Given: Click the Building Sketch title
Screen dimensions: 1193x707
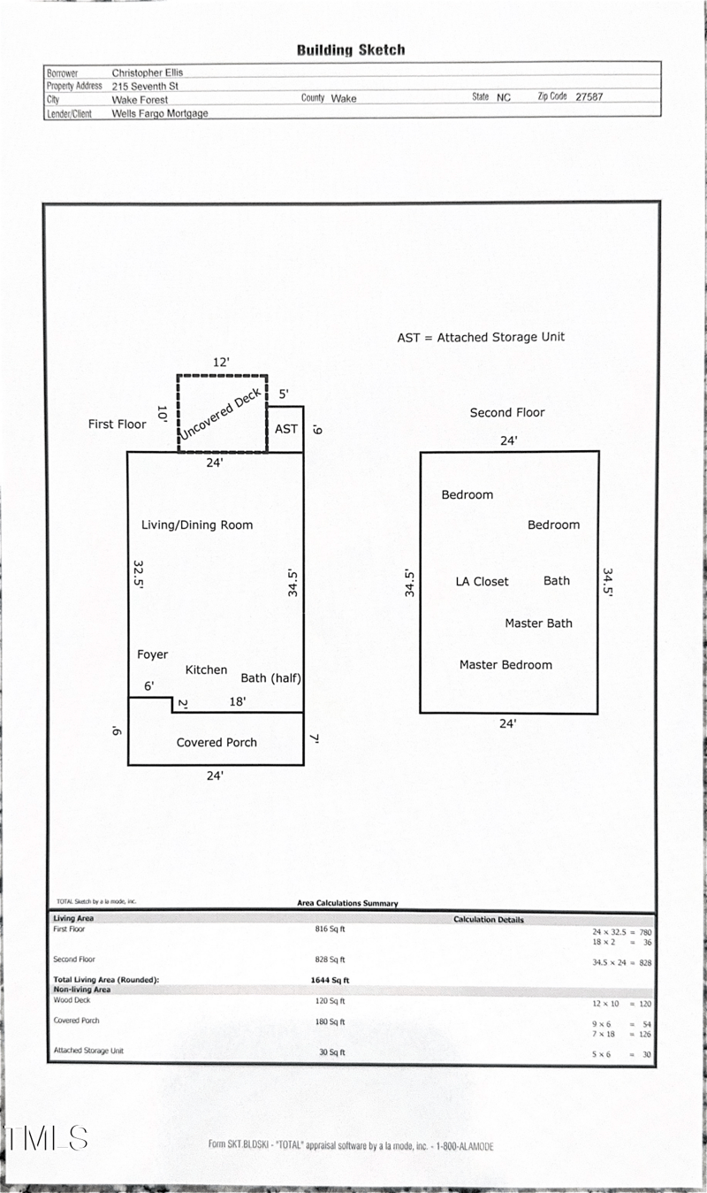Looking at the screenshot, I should tap(351, 50).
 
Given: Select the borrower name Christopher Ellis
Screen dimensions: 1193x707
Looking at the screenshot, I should tap(148, 73).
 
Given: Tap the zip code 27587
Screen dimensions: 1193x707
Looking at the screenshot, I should tap(589, 97).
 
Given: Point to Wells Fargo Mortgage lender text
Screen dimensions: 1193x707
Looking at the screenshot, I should tap(160, 113).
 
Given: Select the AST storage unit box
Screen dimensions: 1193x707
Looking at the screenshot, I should tap(286, 429).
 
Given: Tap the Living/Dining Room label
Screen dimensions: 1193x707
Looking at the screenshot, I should tap(197, 524).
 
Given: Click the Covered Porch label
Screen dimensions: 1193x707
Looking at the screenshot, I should tap(217, 742).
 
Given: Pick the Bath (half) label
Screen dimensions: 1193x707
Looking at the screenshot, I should tap(271, 678).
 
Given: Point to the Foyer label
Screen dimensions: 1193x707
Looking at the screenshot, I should tap(152, 654).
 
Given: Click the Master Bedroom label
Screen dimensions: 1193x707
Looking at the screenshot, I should tap(506, 664).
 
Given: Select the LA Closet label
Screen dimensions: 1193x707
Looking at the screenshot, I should tap(482, 581).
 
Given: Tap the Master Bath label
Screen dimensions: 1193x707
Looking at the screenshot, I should tap(538, 623).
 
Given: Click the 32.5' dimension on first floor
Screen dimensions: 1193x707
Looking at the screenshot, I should tap(139, 574).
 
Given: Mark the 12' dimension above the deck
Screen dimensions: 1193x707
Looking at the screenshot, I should tap(221, 362).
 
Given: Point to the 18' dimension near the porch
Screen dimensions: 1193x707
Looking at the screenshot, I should tap(237, 701).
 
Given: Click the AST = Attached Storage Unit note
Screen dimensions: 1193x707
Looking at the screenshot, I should tap(481, 337).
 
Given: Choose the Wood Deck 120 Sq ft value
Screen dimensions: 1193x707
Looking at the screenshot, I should tap(332, 1001).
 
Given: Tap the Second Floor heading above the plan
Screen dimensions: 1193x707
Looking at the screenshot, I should tap(507, 412).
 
